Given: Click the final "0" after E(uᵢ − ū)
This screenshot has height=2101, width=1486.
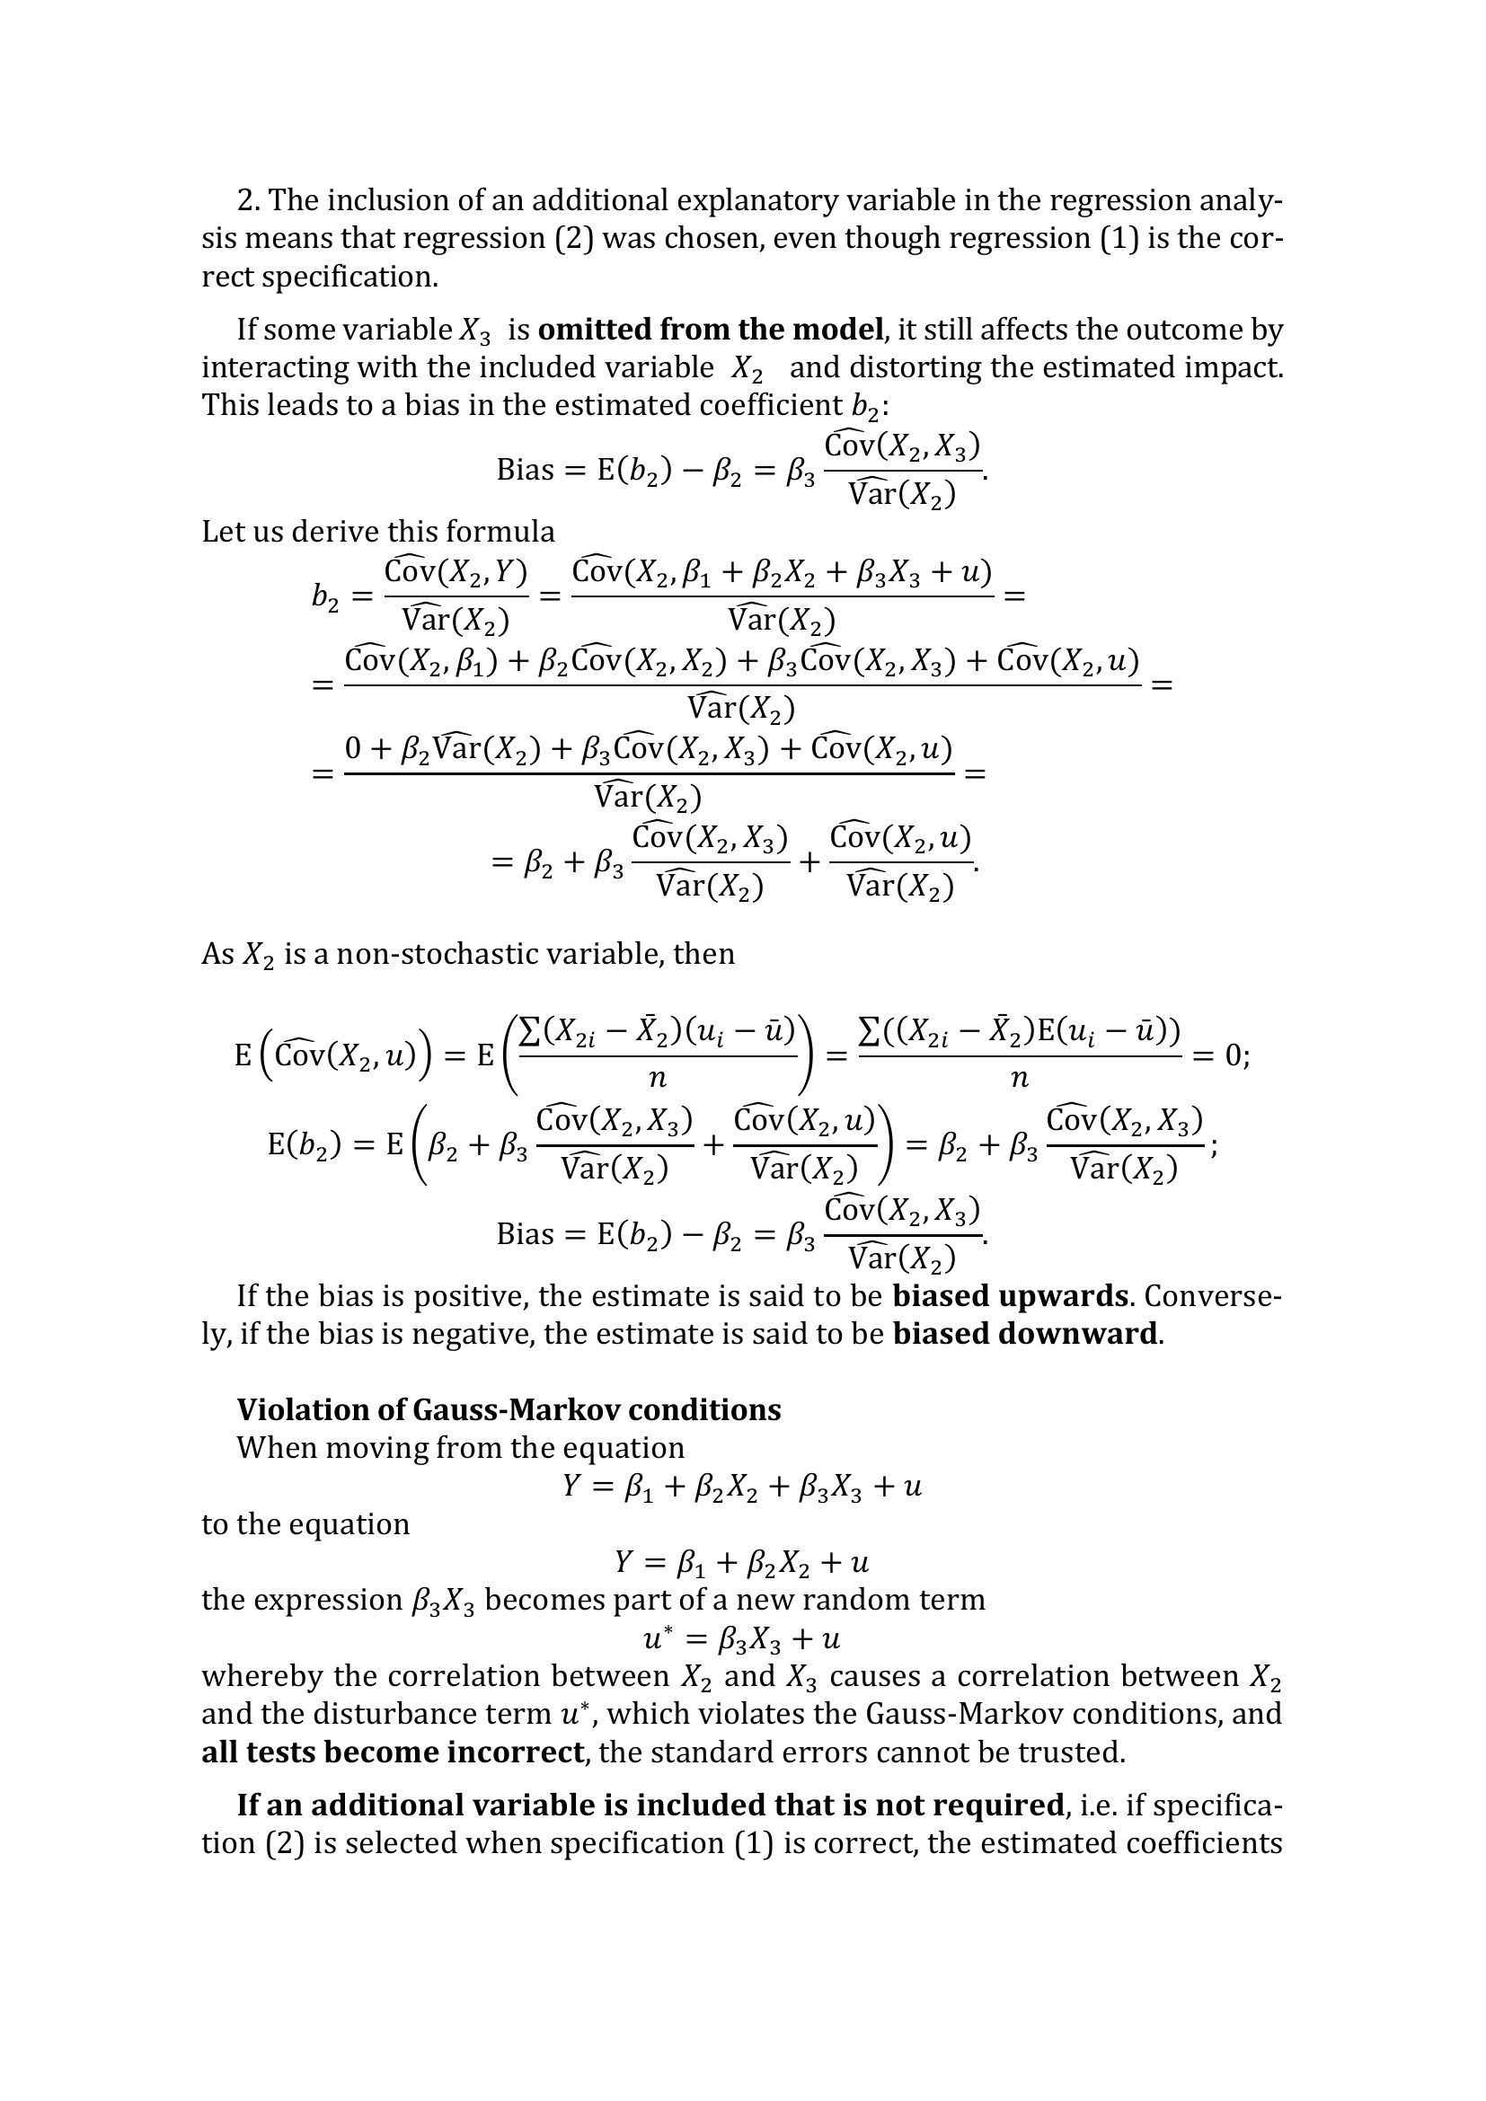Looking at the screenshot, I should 1234,1056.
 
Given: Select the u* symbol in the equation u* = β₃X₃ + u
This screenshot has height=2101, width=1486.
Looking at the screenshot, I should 655,1638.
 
